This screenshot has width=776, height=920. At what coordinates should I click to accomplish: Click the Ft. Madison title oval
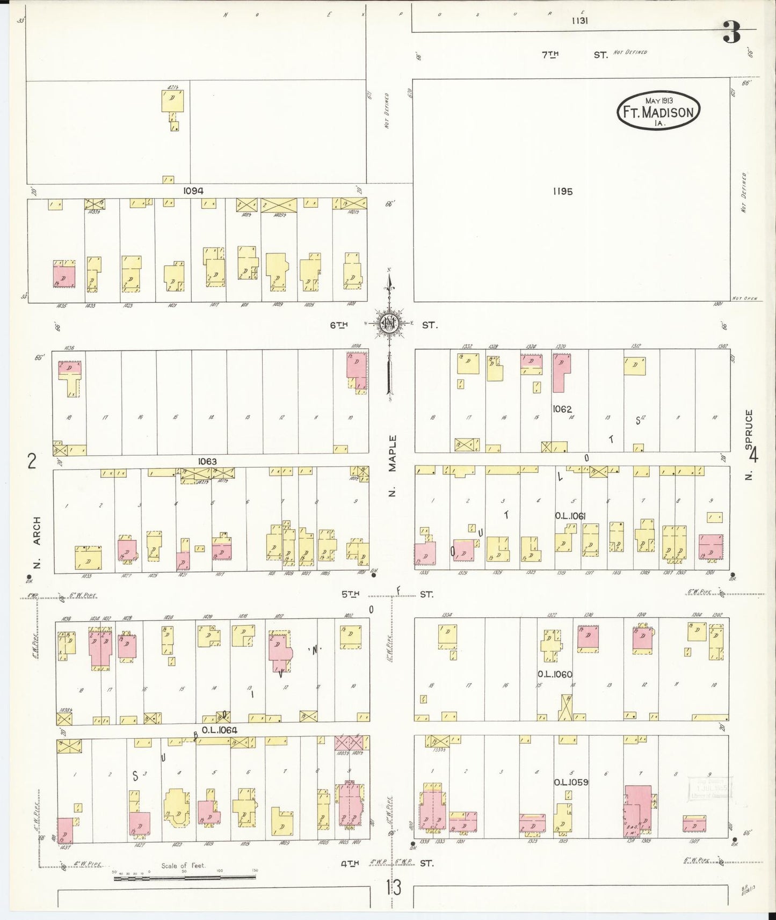click(x=658, y=111)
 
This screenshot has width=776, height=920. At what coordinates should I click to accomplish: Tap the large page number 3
click(x=731, y=32)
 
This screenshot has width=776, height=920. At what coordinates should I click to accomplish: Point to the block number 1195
click(x=562, y=191)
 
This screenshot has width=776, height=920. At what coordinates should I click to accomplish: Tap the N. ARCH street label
click(x=37, y=542)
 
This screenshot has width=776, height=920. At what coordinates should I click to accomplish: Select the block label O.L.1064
click(x=220, y=730)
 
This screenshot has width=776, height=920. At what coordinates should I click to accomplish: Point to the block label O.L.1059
click(x=571, y=782)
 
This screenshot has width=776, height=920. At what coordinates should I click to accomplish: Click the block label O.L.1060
click(x=555, y=674)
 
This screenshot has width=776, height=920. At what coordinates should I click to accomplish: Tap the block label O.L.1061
click(x=570, y=516)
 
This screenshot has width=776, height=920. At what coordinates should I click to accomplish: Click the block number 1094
click(x=193, y=191)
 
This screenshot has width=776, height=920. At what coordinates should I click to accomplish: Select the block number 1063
click(x=207, y=461)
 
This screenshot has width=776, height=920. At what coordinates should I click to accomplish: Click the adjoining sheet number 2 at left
click(x=32, y=461)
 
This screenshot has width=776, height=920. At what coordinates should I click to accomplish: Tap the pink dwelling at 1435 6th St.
click(x=64, y=274)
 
